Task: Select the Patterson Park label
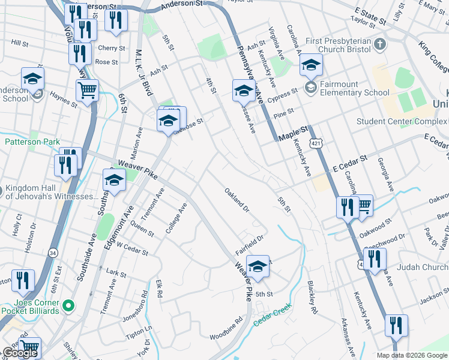pyautogui.click(x=32, y=142)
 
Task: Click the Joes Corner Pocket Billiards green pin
pyautogui.click(x=69, y=306)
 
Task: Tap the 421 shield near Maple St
pyautogui.click(x=316, y=144)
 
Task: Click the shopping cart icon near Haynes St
pyautogui.click(x=87, y=91)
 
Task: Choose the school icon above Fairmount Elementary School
pyautogui.click(x=310, y=65)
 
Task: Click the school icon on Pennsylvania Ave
pyautogui.click(x=243, y=91)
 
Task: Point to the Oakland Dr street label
pyautogui.click(x=237, y=200)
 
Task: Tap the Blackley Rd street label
pyautogui.click(x=312, y=299)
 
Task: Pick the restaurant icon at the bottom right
pyautogui.click(x=396, y=326)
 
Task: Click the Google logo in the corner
pyautogui.click(x=20, y=353)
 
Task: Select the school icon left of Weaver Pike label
pyautogui.click(x=114, y=180)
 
